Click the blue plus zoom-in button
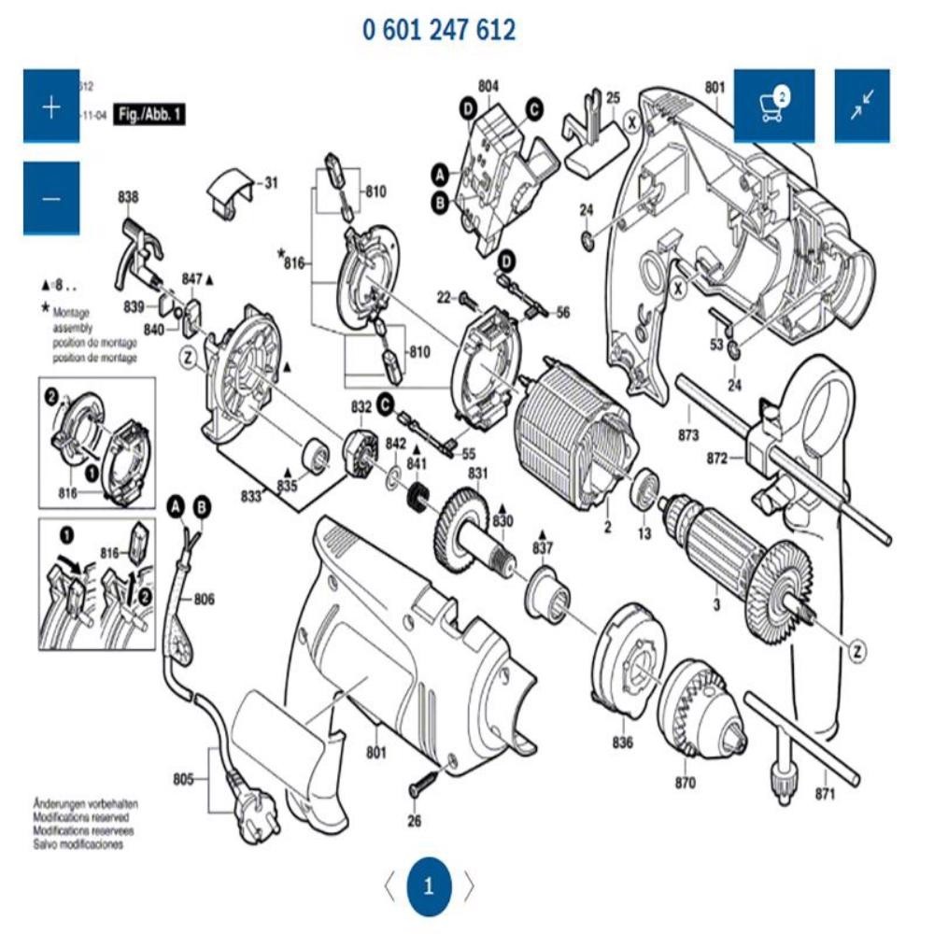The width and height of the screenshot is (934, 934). pyautogui.click(x=50, y=106)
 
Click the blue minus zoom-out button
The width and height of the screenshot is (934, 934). pyautogui.click(x=50, y=198)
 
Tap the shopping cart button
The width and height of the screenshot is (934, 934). pyautogui.click(x=773, y=106)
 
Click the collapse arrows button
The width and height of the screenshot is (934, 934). pyautogui.click(x=861, y=106)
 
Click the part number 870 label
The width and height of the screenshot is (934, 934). pyautogui.click(x=686, y=783)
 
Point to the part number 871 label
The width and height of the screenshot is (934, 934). pyautogui.click(x=824, y=794)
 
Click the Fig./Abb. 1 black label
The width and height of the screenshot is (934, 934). pyautogui.click(x=148, y=115)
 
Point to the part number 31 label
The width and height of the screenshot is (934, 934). pyautogui.click(x=270, y=183)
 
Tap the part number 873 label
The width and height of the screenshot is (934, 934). pyautogui.click(x=688, y=434)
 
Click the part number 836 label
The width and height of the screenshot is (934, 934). pyautogui.click(x=622, y=743)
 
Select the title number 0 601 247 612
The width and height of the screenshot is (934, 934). pyautogui.click(x=439, y=30)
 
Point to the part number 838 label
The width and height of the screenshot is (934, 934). pyautogui.click(x=128, y=197)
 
